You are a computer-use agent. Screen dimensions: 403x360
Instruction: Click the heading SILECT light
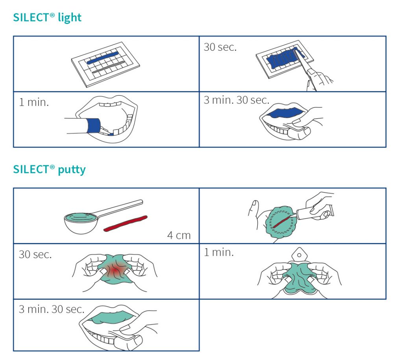tap(47, 17)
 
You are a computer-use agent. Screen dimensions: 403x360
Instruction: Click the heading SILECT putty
tap(49, 170)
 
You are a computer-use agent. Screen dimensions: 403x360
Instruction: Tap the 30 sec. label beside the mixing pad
tap(220, 47)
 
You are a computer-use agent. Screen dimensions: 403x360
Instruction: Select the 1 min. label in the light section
tap(34, 102)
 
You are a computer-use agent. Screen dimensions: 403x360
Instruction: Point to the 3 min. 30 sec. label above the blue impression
tap(237, 100)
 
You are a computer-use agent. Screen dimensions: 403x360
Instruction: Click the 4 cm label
tap(179, 235)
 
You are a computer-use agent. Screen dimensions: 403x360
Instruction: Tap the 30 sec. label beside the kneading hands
tap(35, 255)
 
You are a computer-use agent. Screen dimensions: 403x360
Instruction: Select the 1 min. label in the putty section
tap(219, 252)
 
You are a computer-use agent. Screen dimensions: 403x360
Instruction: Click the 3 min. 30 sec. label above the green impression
tap(52, 309)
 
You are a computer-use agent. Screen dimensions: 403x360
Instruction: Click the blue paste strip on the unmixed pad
tap(103, 58)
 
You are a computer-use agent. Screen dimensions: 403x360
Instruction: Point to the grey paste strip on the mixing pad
tap(109, 67)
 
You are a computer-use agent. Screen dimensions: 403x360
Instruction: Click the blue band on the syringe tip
tap(93, 126)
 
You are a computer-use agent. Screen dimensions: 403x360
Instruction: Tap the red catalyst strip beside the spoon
tap(126, 223)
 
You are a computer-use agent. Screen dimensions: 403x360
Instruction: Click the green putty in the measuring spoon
tap(81, 218)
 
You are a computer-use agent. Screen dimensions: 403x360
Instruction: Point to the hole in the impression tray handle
tap(299, 255)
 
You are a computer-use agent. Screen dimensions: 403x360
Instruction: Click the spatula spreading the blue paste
tap(305, 69)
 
